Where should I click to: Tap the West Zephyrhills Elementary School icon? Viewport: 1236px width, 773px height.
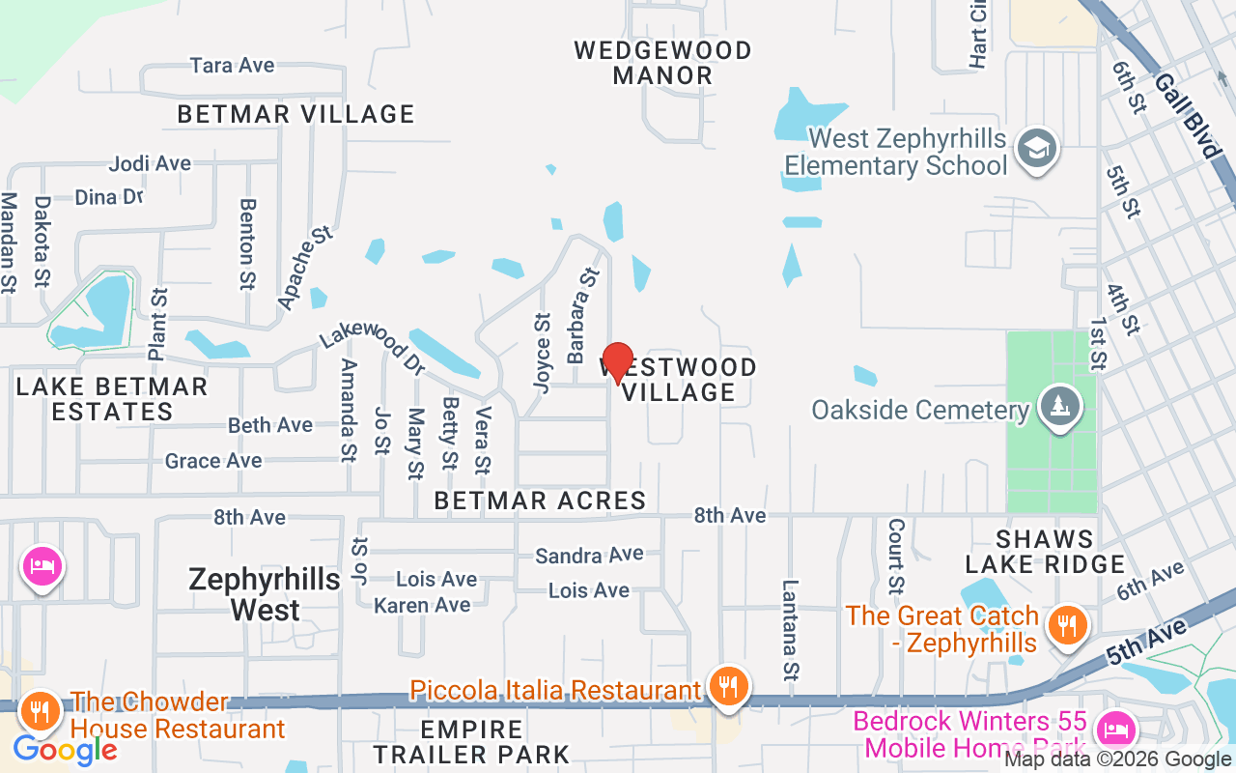tap(1038, 149)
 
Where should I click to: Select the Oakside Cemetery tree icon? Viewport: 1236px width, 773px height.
tap(1060, 406)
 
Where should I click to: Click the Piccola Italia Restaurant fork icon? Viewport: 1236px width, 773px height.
tap(727, 687)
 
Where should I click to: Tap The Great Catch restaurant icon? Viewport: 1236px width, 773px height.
tap(1066, 625)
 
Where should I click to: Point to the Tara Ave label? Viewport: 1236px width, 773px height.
tap(232, 66)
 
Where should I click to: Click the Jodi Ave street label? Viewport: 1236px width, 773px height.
tap(150, 163)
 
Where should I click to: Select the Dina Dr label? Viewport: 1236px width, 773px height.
tap(109, 197)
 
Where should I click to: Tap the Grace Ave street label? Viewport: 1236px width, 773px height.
tap(213, 461)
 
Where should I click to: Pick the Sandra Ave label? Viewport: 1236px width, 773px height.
tap(589, 555)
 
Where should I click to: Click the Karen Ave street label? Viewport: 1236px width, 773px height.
tap(422, 605)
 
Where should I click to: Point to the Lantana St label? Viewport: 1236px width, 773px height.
tap(791, 629)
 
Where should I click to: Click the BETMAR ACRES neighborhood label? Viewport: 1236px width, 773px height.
tap(540, 501)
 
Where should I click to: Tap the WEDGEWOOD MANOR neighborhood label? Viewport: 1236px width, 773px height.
tap(662, 62)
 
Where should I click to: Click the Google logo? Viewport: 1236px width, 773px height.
tap(65, 749)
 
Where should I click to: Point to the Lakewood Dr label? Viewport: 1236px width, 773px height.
tap(373, 346)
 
